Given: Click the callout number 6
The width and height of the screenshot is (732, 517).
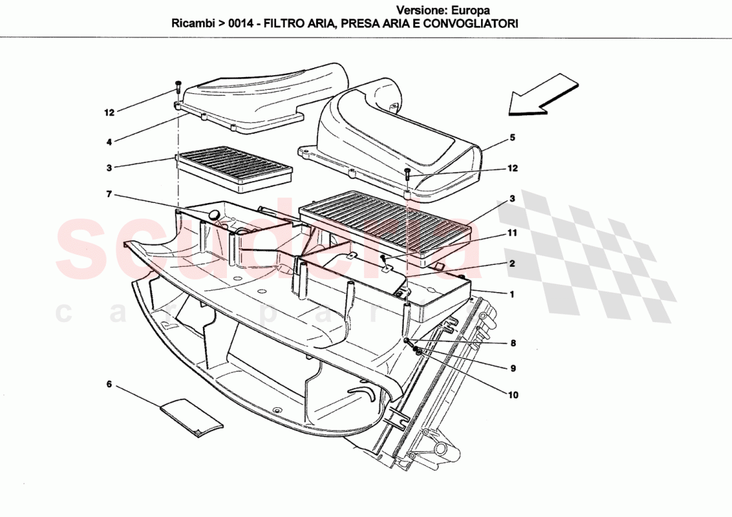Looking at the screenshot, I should (109, 384).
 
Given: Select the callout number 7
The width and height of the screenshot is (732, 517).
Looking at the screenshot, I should (109, 194).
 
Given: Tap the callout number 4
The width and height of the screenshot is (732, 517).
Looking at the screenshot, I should (109, 140).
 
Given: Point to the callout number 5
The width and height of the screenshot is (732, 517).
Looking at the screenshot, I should (513, 138).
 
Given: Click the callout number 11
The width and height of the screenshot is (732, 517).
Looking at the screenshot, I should (511, 234).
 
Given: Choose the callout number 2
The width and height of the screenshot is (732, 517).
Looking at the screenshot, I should (512, 263).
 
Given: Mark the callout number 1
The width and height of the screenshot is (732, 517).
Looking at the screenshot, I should (512, 293).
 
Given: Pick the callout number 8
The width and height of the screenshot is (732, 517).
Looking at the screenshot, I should (512, 344).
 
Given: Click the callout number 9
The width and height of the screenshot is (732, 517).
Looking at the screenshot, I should (512, 368).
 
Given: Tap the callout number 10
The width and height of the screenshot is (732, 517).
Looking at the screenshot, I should (512, 395).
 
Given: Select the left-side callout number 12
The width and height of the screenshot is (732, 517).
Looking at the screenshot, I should (109, 112).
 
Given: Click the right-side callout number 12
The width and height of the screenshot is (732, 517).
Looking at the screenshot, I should (513, 168).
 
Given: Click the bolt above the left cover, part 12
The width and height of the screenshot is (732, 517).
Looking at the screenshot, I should (178, 87).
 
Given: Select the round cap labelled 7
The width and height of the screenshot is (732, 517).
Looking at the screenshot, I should (214, 214).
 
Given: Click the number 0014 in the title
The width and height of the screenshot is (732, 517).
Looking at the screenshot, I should (240, 23).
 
